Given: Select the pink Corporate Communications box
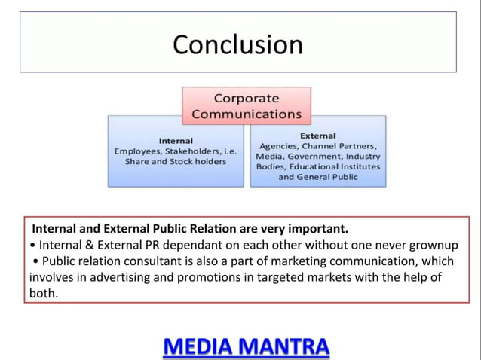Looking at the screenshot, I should tap(246, 106).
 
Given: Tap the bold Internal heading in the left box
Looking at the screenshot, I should tap(176, 141).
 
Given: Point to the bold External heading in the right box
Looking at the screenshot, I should tap(318, 135).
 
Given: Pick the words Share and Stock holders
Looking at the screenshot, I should tap(176, 162).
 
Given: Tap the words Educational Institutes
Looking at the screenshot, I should tap(340, 166).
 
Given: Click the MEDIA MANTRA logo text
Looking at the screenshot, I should tap(247, 346).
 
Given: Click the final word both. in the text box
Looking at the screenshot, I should tap(44, 294).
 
